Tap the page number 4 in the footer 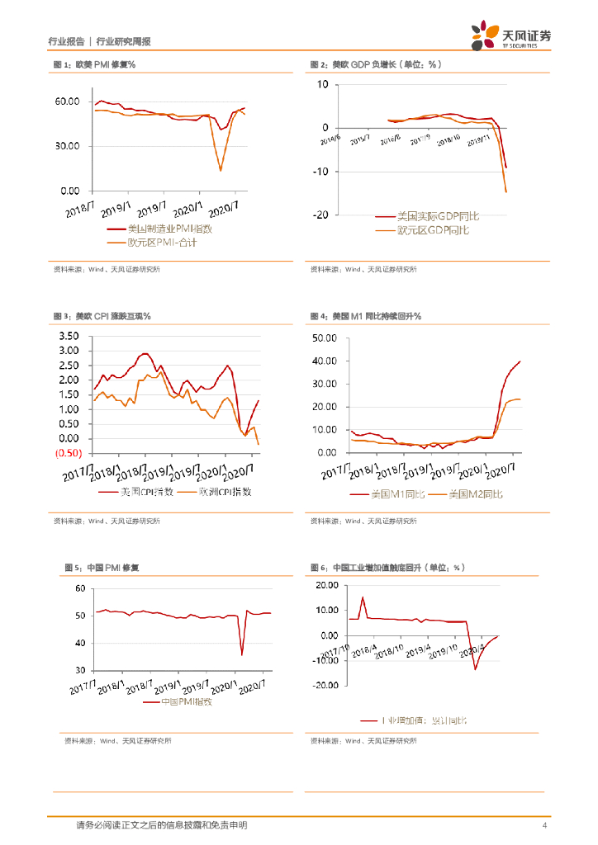click(543, 825)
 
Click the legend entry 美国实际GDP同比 click(437, 215)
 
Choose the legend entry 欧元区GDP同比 click(432, 229)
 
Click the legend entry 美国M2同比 click(475, 493)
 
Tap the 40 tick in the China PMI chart click(80, 643)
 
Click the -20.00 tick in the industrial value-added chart click(325, 685)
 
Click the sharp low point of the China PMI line click(242, 654)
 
